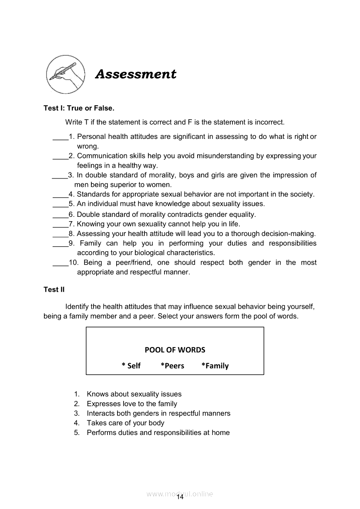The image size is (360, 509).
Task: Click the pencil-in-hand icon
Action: pyautogui.click(x=65, y=74)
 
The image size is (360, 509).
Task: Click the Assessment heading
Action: pyautogui.click(x=136, y=74)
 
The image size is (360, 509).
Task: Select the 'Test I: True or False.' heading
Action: pyautogui.click(x=79, y=108)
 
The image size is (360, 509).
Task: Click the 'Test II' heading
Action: pyautogui.click(x=54, y=290)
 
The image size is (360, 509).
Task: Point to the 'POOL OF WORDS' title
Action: pyautogui.click(x=175, y=350)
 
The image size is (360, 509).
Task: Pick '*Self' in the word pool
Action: pyautogui.click(x=131, y=366)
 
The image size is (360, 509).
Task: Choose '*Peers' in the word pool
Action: pyautogui.click(x=172, y=366)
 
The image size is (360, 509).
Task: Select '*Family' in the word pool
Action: pyautogui.click(x=215, y=366)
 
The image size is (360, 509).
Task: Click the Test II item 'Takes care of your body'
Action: pyautogui.click(x=125, y=423)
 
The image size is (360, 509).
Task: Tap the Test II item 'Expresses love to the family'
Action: pyautogui.click(x=132, y=404)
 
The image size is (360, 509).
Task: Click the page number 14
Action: pyautogui.click(x=180, y=498)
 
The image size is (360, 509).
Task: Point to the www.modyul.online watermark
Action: pyautogui.click(x=180, y=494)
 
